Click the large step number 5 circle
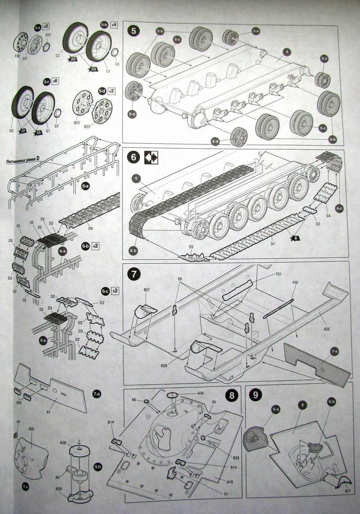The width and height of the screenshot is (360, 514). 135,31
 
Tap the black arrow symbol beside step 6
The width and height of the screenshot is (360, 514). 151,158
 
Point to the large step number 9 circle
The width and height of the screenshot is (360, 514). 256,395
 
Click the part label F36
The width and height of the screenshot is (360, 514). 18,56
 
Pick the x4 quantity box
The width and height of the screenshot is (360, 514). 114,25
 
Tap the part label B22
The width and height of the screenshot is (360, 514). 77,123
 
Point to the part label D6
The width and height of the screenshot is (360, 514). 90,228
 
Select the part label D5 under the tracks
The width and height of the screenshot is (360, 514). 191,247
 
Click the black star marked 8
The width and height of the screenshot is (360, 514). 295,238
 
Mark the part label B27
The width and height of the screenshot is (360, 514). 147,290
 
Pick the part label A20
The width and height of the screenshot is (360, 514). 31,429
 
